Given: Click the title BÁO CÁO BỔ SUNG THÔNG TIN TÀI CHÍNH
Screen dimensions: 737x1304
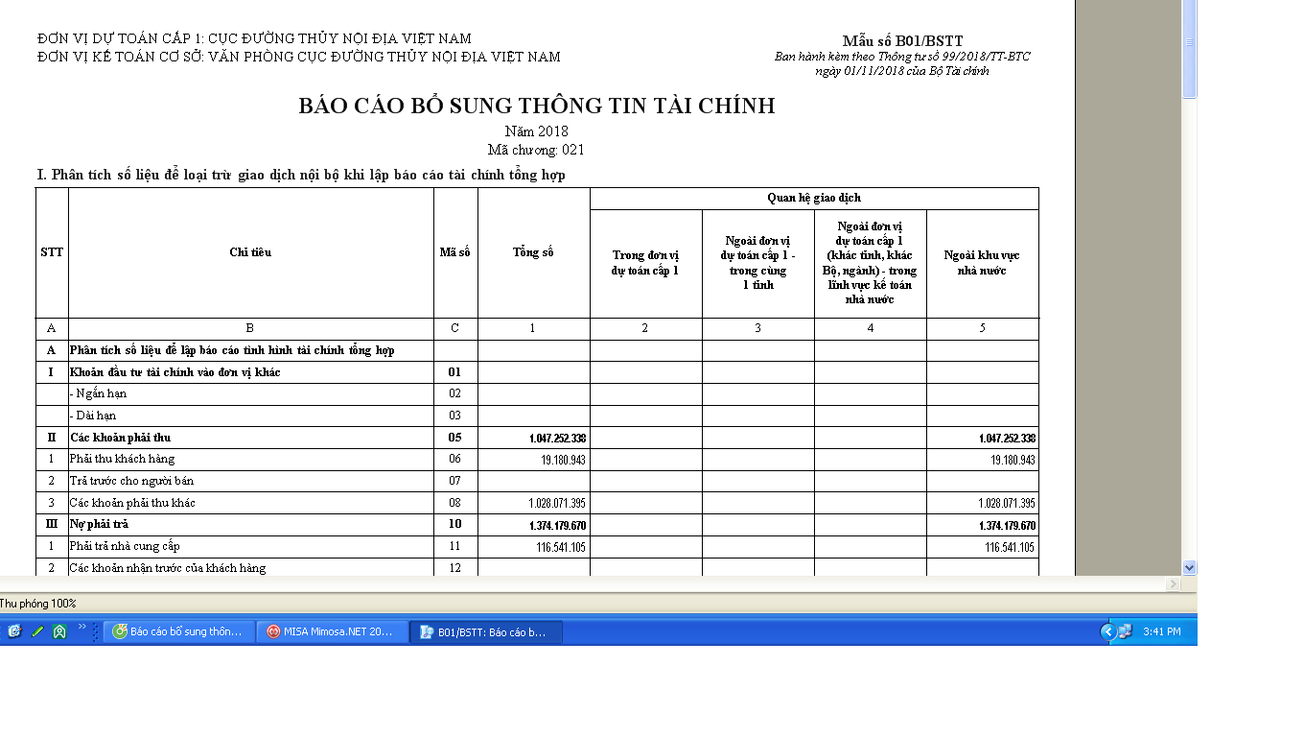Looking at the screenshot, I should pyautogui.click(x=536, y=106).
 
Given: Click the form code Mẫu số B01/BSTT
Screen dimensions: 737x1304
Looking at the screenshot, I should pyautogui.click(x=902, y=40).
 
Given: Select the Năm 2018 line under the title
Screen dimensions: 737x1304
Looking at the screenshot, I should pyautogui.click(x=536, y=131).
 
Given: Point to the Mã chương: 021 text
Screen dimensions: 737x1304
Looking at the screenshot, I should pyautogui.click(x=536, y=150).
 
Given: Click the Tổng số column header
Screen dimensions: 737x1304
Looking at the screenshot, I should pyautogui.click(x=533, y=252).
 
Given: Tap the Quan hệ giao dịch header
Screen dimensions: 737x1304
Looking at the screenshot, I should pyautogui.click(x=814, y=198).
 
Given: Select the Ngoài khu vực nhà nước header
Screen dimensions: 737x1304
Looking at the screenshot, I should pyautogui.click(x=982, y=263).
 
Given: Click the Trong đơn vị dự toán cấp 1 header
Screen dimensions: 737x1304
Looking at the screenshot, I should pyautogui.click(x=645, y=263).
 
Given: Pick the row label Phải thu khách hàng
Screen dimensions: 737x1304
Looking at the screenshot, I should pyautogui.click(x=122, y=459).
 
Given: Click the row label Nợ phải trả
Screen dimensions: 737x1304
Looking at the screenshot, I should pyautogui.click(x=99, y=525).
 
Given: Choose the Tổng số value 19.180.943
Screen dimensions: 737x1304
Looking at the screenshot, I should pyautogui.click(x=563, y=460).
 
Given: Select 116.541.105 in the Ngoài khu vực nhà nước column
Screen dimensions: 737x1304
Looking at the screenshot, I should pyautogui.click(x=1010, y=547).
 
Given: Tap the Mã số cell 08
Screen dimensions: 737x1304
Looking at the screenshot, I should pyautogui.click(x=454, y=503).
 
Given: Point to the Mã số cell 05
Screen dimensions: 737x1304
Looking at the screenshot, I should pyautogui.click(x=454, y=438).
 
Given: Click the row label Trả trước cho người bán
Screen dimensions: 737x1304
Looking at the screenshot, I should pyautogui.click(x=131, y=481).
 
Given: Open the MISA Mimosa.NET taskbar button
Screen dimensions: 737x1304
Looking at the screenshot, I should pyautogui.click(x=332, y=631).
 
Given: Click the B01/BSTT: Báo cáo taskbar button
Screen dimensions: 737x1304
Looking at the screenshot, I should pyautogui.click(x=485, y=631).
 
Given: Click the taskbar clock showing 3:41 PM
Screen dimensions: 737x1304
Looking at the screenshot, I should pyautogui.click(x=1162, y=631).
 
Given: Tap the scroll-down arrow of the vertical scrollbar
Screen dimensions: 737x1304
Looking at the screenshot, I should pyautogui.click(x=1190, y=567).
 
